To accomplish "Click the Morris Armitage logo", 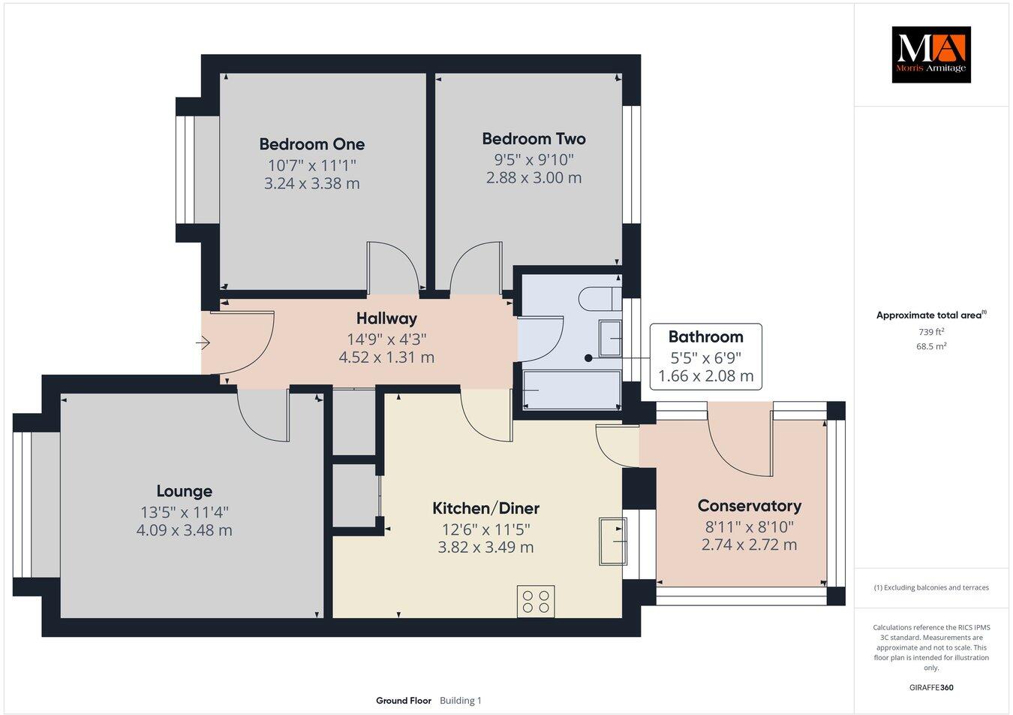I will point(930,54).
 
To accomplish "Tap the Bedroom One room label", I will point(311,144).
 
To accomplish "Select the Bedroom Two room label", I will point(534,139).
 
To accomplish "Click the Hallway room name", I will point(386,319).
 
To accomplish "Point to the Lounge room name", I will point(184,491).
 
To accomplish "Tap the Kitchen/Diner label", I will point(485,508).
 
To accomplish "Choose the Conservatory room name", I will point(749,506).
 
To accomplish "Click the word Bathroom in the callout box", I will point(705,336).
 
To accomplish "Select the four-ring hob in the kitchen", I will point(536,601).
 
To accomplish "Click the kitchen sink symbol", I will point(612,541).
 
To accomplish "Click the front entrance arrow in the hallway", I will point(203,343).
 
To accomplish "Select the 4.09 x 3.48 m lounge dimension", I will point(184,530).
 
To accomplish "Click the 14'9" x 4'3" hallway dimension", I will point(386,339).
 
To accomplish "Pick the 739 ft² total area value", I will point(931,332).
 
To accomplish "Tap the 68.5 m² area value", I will point(931,346).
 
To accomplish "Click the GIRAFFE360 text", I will point(931,686).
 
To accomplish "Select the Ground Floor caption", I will point(404,701).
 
